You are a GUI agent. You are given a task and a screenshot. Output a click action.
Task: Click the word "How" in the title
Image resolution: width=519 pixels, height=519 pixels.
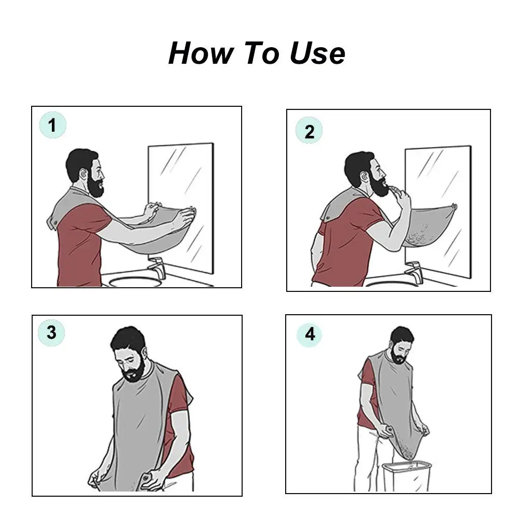point(201,53)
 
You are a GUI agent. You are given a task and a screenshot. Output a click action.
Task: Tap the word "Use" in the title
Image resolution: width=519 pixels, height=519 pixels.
point(317,53)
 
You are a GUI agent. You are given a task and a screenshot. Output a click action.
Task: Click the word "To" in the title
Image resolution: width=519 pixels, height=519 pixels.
point(261,53)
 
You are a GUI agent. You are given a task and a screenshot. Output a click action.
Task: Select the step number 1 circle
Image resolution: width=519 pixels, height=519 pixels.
point(53,125)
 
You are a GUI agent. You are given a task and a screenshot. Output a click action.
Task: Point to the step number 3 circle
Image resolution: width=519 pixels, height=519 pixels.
point(51,333)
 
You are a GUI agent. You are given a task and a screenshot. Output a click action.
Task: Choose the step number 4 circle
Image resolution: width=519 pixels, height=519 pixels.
point(310,334)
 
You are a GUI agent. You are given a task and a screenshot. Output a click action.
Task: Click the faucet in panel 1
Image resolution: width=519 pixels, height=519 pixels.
point(156,268)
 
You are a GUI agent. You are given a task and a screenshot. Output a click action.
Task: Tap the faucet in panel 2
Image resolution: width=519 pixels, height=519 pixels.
point(414,272)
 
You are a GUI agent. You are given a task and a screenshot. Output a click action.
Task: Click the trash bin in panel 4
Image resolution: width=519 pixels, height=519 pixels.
point(406,476)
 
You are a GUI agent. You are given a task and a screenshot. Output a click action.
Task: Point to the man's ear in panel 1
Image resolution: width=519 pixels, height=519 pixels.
point(83,174)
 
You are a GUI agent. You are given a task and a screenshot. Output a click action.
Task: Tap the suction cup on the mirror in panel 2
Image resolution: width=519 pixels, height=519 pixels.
point(455,207)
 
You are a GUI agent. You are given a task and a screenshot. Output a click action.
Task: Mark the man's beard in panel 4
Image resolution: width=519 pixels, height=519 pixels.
point(399,356)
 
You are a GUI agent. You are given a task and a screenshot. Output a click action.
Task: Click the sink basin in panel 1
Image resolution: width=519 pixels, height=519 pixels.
point(134,282)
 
